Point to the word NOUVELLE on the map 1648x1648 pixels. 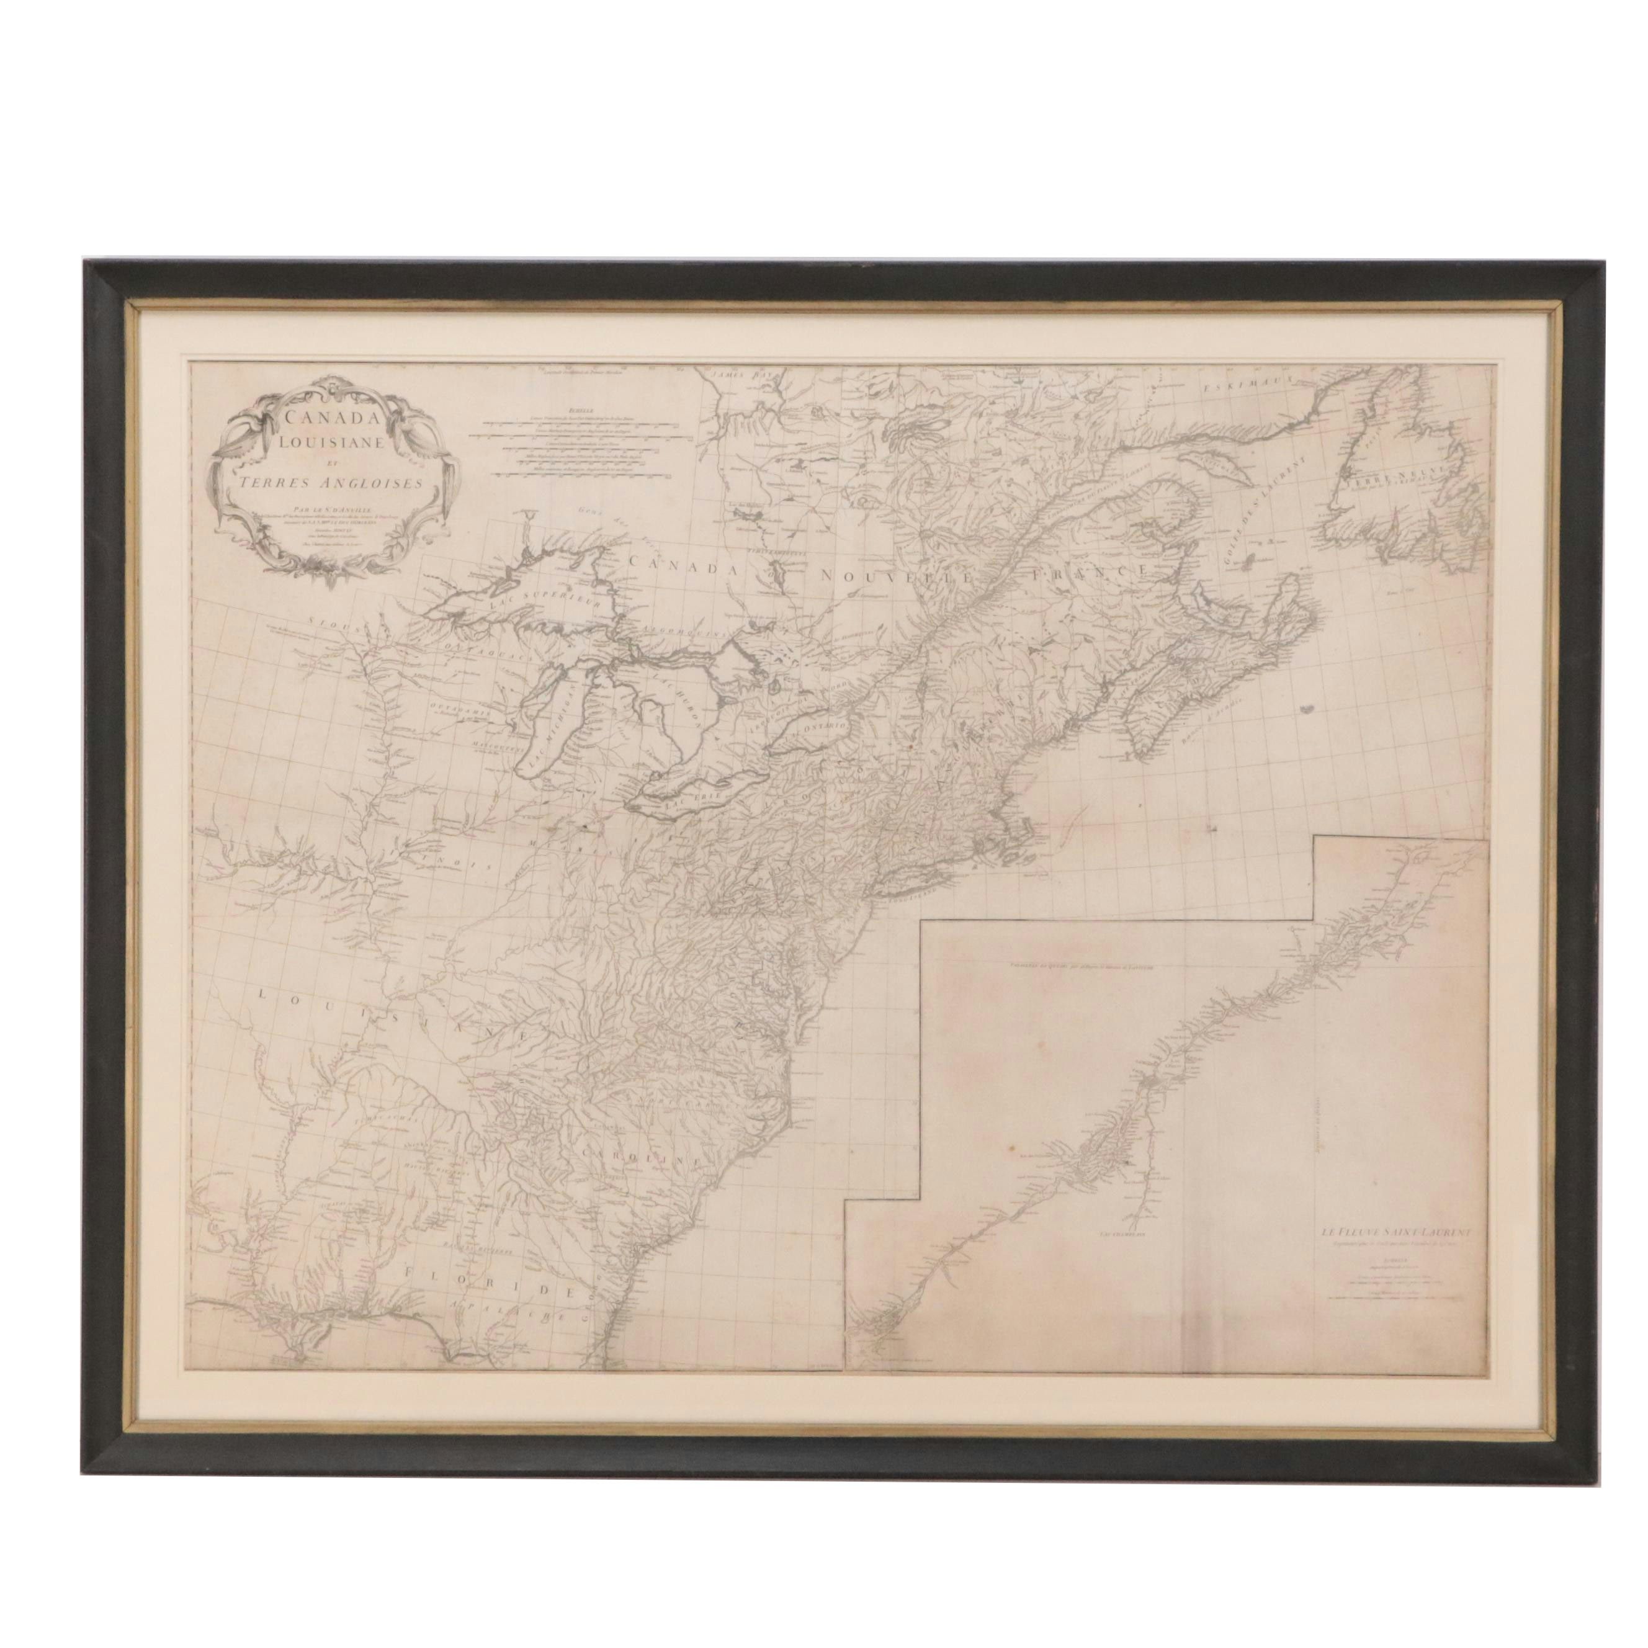tap(894, 575)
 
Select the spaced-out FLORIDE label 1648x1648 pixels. tap(489, 1298)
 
